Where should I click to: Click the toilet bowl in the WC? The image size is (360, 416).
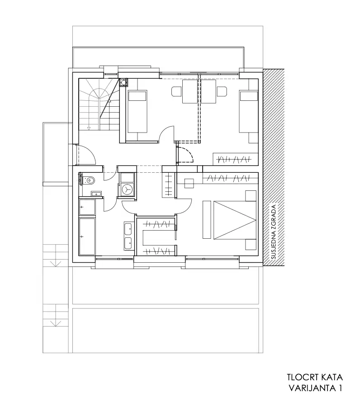pos(90,180)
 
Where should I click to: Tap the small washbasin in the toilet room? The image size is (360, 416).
pos(97,194)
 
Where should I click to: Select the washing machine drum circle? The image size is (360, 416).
pos(128,189)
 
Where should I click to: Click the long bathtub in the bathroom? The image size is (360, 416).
pos(87,236)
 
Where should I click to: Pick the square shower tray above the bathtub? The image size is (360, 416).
pos(87,207)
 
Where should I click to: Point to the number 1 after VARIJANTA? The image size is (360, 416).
pos(340,388)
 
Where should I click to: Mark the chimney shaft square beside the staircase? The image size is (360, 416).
pos(123,82)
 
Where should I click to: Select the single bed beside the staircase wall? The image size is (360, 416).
pos(137,111)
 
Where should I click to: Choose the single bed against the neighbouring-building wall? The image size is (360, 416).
pos(249,111)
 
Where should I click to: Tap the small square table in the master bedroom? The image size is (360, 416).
pos(189,183)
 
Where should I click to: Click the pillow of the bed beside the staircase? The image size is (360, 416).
pos(137,96)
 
